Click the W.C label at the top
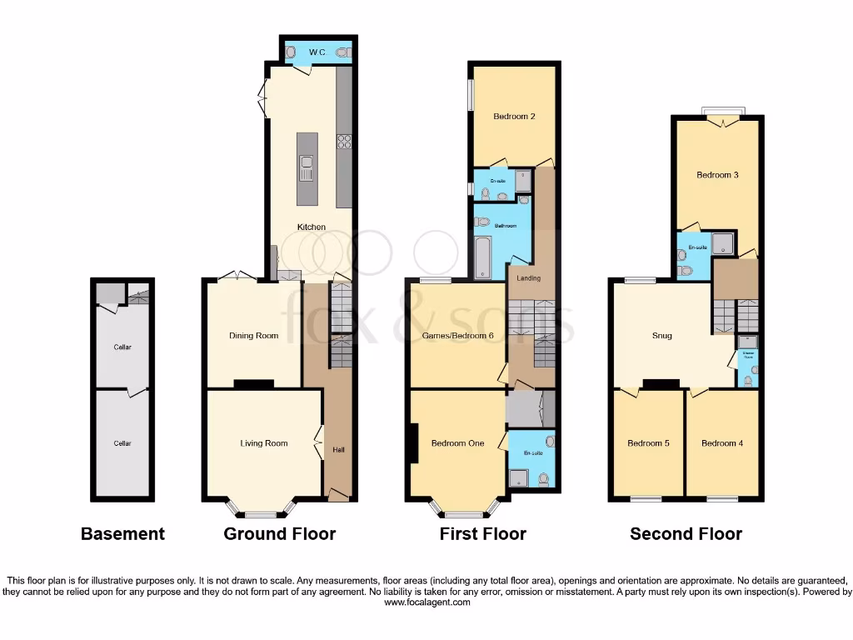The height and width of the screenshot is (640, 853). pyautogui.click(x=317, y=52)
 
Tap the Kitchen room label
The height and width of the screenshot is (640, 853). pyautogui.click(x=312, y=227)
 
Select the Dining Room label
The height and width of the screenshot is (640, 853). pyautogui.click(x=253, y=336)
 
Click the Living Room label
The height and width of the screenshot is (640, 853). pyautogui.click(x=264, y=443)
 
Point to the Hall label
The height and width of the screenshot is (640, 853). pyautogui.click(x=339, y=450)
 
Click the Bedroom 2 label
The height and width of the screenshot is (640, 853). pyautogui.click(x=514, y=117)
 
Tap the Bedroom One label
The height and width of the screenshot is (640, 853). pyautogui.click(x=457, y=443)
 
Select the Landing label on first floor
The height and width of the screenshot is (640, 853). pyautogui.click(x=528, y=278)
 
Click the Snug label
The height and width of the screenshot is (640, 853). pyautogui.click(x=662, y=336)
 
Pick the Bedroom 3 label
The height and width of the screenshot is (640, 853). pyautogui.click(x=717, y=175)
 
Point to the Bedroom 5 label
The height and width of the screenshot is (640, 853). pyautogui.click(x=648, y=443)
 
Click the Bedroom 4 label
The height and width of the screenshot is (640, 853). pyautogui.click(x=721, y=443)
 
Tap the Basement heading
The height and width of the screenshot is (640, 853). pyautogui.click(x=122, y=534)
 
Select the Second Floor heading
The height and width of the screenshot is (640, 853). pyautogui.click(x=686, y=534)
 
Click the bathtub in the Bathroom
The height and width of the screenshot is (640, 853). pyautogui.click(x=482, y=256)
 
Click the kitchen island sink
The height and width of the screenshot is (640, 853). pyautogui.click(x=307, y=168)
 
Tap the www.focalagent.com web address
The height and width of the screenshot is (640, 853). pyautogui.click(x=426, y=602)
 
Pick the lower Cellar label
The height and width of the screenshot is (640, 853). pyautogui.click(x=122, y=443)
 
